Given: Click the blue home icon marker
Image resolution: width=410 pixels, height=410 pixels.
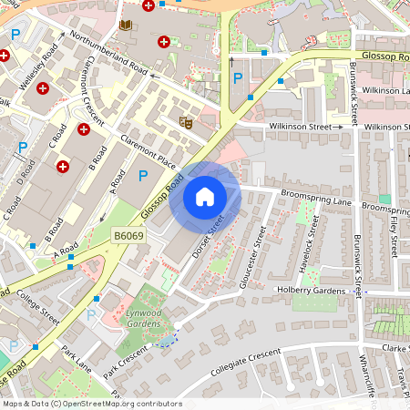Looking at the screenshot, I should pyautogui.click(x=205, y=196).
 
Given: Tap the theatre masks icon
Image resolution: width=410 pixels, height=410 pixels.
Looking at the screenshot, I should pyautogui.click(x=186, y=121).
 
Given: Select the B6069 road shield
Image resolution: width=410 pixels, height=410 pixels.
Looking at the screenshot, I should pyautogui.click(x=128, y=236).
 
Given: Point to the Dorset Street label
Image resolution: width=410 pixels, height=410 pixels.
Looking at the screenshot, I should pyautogui.click(x=209, y=236).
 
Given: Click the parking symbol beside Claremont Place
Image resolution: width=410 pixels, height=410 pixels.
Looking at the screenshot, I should pyautogui.click(x=142, y=175).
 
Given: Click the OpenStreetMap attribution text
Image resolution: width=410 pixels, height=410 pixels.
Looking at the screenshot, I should pyautogui.click(x=92, y=404).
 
